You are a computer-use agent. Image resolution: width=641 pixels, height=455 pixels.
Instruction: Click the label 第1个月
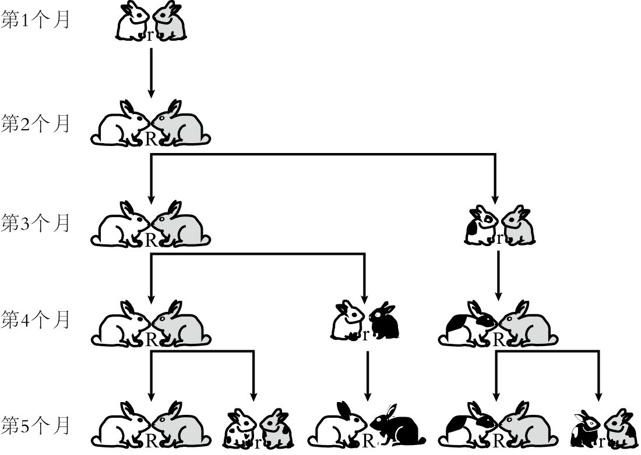pos(35,20)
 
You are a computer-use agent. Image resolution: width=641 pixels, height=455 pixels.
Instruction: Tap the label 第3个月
pos(35,223)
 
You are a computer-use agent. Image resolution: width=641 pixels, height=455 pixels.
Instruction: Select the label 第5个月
pos(35,426)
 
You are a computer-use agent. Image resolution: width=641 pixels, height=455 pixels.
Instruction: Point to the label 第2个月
pos(35,123)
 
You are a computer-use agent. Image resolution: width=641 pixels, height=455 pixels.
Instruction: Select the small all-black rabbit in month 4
pos(384,321)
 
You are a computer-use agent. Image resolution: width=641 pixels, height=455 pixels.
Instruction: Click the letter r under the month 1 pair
pos(150,36)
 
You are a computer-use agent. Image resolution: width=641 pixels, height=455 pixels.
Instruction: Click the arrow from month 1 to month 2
pos(151,73)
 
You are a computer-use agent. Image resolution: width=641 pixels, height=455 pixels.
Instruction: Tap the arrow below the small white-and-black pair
pos(368,376)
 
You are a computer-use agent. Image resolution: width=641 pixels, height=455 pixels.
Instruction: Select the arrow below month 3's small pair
pos(498,276)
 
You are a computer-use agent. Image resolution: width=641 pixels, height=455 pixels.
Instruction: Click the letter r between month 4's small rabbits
pos(365,336)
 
